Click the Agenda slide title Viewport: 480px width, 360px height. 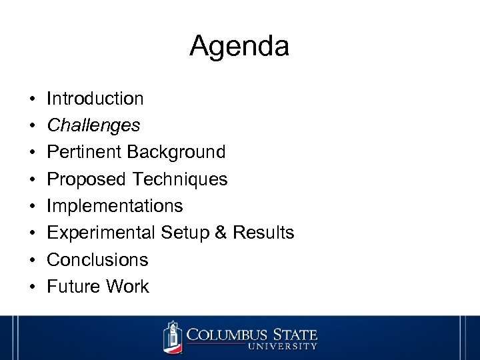coord(239,46)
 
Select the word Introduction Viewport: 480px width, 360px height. coord(95,99)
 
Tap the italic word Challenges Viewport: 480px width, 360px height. coord(93,125)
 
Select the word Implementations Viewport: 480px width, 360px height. coord(115,206)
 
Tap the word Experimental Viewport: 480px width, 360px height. coord(101,233)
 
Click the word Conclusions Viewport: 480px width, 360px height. coord(97,259)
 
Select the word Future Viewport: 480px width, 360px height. coord(71,287)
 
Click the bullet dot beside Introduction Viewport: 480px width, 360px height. coord(32,99)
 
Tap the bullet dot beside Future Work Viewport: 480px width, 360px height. coord(32,287)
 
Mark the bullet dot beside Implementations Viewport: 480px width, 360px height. coord(32,207)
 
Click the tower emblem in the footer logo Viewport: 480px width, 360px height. coord(173,337)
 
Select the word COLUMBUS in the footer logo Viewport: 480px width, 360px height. coord(226,333)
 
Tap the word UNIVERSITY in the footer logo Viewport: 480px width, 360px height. coord(283,347)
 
